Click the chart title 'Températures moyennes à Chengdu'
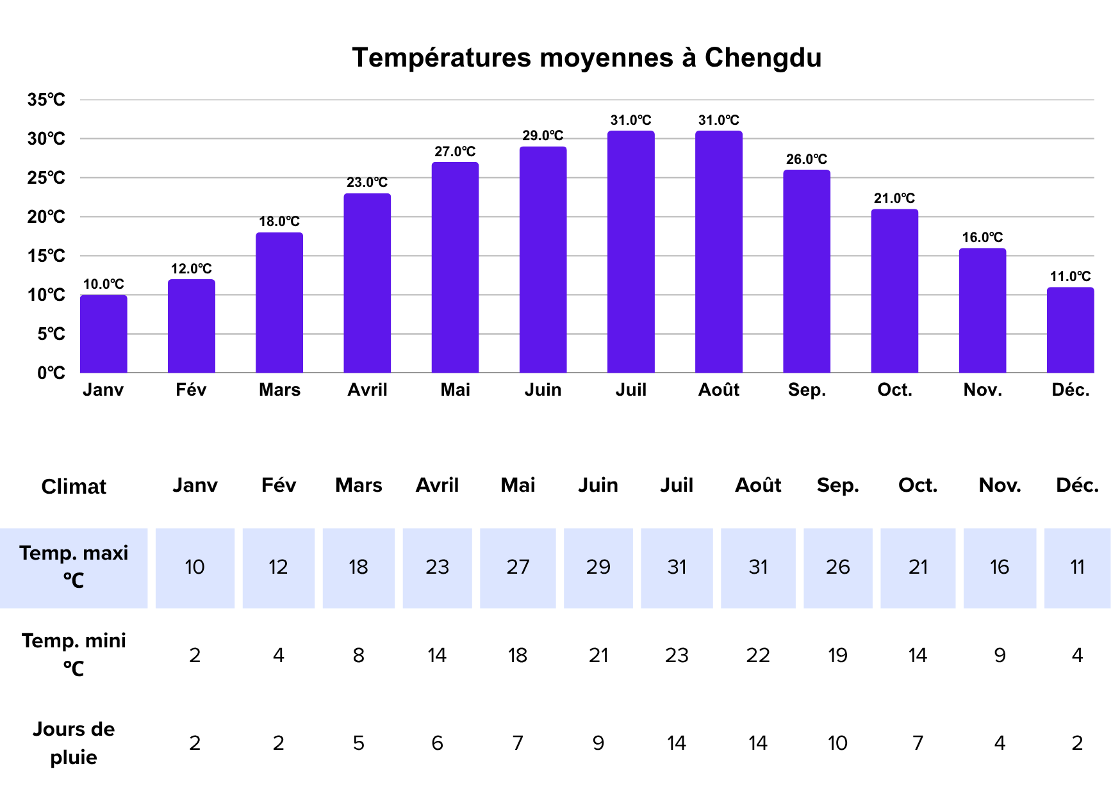pyautogui.click(x=586, y=58)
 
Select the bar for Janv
pyautogui.click(x=104, y=334)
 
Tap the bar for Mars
pyautogui.click(x=279, y=303)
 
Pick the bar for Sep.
pyautogui.click(x=806, y=271)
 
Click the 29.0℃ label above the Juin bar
pyautogui.click(x=543, y=136)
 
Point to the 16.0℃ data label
pyautogui.click(x=982, y=238)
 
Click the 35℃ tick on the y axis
pyautogui.click(x=46, y=100)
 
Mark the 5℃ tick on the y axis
pyautogui.click(x=51, y=334)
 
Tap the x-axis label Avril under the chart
pyautogui.click(x=367, y=390)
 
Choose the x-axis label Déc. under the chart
pyautogui.click(x=1071, y=390)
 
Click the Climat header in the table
pyautogui.click(x=74, y=487)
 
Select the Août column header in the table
pyautogui.click(x=758, y=485)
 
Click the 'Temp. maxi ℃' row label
pyautogui.click(x=74, y=567)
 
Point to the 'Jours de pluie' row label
pyautogui.click(x=74, y=743)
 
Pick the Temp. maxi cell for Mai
pyautogui.click(x=518, y=567)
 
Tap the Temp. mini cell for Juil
pyautogui.click(x=677, y=656)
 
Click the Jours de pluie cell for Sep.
pyautogui.click(x=837, y=743)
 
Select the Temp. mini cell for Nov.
pyautogui.click(x=1000, y=656)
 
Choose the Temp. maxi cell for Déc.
pyautogui.click(x=1077, y=567)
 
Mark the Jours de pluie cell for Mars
pyautogui.click(x=358, y=743)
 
